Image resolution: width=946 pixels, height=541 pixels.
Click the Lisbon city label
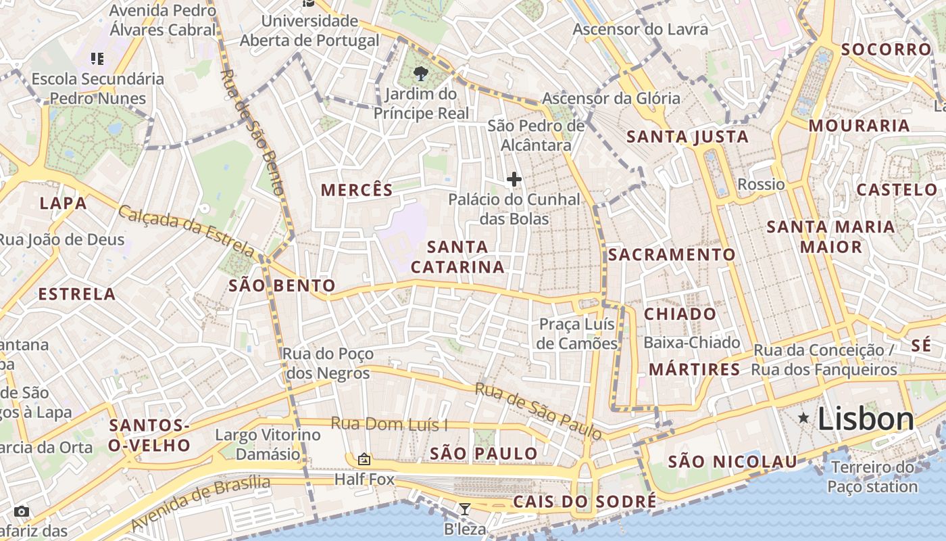866,419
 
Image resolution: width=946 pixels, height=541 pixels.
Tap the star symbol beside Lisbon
803,418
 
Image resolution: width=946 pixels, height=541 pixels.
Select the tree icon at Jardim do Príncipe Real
421,73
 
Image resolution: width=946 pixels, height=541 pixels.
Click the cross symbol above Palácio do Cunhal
514,179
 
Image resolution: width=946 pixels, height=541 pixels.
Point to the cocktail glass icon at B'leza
464,509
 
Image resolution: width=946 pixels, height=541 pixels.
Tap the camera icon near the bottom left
22,511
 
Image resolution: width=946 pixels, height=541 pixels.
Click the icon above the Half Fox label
364,460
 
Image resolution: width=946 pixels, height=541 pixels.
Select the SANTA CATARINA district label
457,257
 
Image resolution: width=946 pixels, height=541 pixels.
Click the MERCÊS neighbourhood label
357,190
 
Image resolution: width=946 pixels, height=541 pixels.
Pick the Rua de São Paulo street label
538,410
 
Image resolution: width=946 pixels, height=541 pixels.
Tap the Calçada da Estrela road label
188,232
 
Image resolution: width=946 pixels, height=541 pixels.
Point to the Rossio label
761,185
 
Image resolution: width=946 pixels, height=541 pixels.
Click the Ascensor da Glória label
611,98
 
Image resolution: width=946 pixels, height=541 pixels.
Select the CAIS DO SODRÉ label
584,502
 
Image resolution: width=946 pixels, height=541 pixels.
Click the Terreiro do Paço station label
872,477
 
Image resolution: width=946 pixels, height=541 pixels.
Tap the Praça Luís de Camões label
578,333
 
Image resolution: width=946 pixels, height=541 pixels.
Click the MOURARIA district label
859,126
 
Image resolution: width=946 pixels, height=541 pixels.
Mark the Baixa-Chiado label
691,343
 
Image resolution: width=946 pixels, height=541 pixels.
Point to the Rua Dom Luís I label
389,425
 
